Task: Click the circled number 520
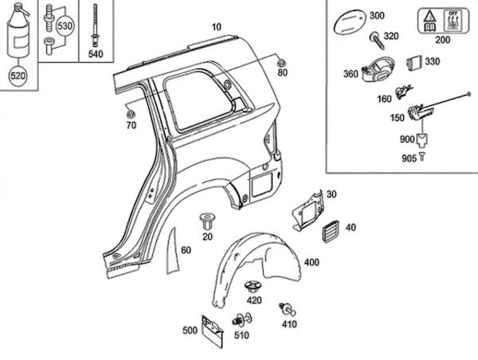click(x=18, y=76)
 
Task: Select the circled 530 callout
click(x=65, y=26)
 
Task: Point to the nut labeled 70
click(x=131, y=114)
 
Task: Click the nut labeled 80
click(x=281, y=63)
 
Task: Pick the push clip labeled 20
click(x=207, y=221)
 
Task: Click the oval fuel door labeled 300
click(x=350, y=22)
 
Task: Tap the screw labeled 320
click(x=377, y=41)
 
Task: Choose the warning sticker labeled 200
click(x=443, y=21)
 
